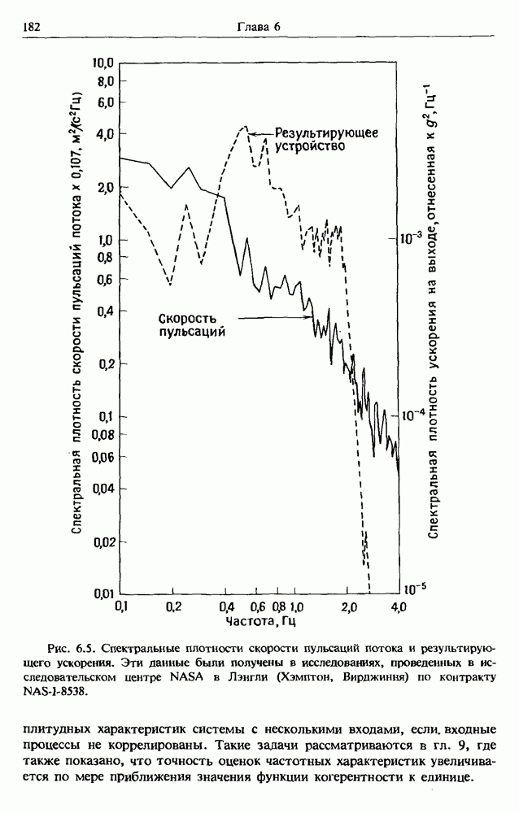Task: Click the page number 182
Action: (x=33, y=27)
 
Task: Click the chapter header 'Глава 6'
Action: (x=259, y=27)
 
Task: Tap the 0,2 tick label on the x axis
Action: (x=172, y=607)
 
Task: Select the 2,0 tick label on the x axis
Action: (x=348, y=607)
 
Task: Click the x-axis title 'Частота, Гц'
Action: (x=260, y=623)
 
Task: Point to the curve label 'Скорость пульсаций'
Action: (x=191, y=324)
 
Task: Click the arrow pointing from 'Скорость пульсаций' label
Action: (x=268, y=319)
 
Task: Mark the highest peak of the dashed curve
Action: (x=245, y=127)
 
